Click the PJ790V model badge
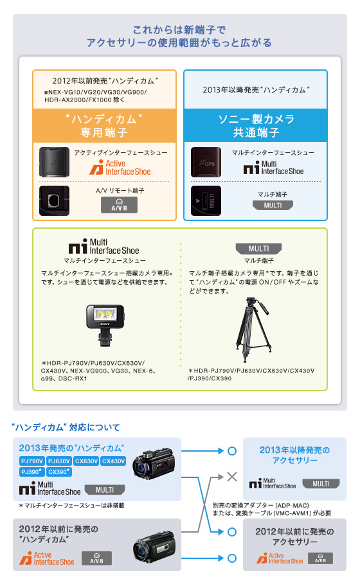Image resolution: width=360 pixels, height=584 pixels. pos(32,461)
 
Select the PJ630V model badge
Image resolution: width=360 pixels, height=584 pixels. pos(59,461)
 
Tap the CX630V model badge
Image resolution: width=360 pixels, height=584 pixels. pos(85,461)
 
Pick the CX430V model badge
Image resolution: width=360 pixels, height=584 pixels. pos(113,461)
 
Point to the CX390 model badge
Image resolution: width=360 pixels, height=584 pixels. pos(59,472)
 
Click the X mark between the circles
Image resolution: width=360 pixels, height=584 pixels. pos(231,478)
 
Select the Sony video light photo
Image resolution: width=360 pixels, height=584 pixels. pos(105,327)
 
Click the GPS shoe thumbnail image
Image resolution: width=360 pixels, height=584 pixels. pos(206,162)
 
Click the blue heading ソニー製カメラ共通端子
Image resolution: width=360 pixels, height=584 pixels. pos(255,126)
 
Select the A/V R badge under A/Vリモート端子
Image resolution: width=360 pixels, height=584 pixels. pos(120,205)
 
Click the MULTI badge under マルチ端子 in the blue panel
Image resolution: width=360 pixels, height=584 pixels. pos(273,206)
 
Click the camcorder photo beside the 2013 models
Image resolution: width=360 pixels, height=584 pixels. pos(154,467)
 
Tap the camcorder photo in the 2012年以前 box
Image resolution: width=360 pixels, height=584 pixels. pos(154,548)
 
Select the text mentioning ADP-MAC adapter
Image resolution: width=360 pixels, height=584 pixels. pos(272,509)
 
